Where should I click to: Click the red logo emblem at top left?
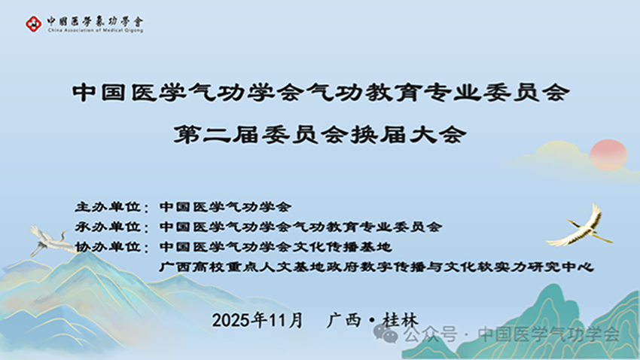[33, 24]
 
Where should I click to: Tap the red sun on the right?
[608, 154]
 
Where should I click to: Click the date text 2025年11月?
[258, 319]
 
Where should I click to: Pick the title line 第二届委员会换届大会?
[320, 136]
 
